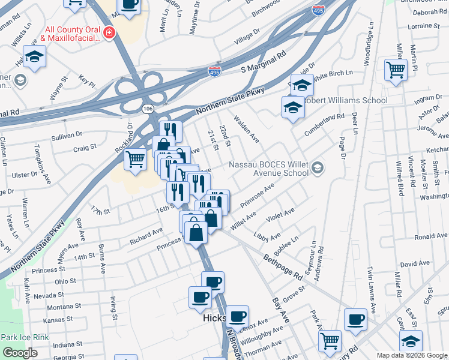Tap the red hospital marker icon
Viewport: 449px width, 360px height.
[x=109, y=32]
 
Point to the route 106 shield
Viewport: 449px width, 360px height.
[x=148, y=109]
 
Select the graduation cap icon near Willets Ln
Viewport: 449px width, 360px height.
[x=35, y=56]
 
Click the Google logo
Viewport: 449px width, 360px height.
[x=20, y=353]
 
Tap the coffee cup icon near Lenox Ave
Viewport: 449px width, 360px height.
[x=237, y=316]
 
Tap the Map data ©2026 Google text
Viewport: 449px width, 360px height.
[x=411, y=355]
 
